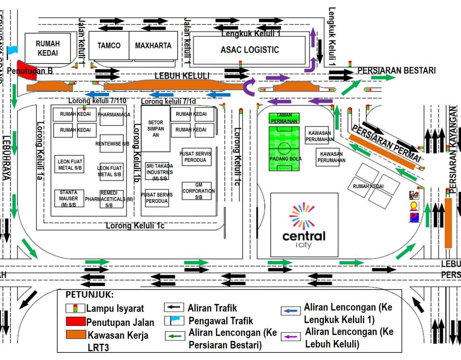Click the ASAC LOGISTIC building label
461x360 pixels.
[x=249, y=50]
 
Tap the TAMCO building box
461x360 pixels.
[x=109, y=46]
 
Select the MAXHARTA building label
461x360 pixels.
[x=153, y=46]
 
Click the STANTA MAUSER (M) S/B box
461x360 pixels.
[x=69, y=198]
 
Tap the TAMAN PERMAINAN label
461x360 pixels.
[x=284, y=118]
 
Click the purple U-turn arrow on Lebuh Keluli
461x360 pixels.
[x=250, y=87]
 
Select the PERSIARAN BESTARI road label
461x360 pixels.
[x=397, y=71]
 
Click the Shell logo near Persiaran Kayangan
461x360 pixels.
[x=413, y=206]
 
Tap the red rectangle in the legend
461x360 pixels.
[x=75, y=322]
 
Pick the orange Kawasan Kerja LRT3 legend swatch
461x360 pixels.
[x=75, y=335]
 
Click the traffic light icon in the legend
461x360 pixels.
[x=75, y=308]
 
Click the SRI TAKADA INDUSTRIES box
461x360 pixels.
[x=157, y=171]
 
